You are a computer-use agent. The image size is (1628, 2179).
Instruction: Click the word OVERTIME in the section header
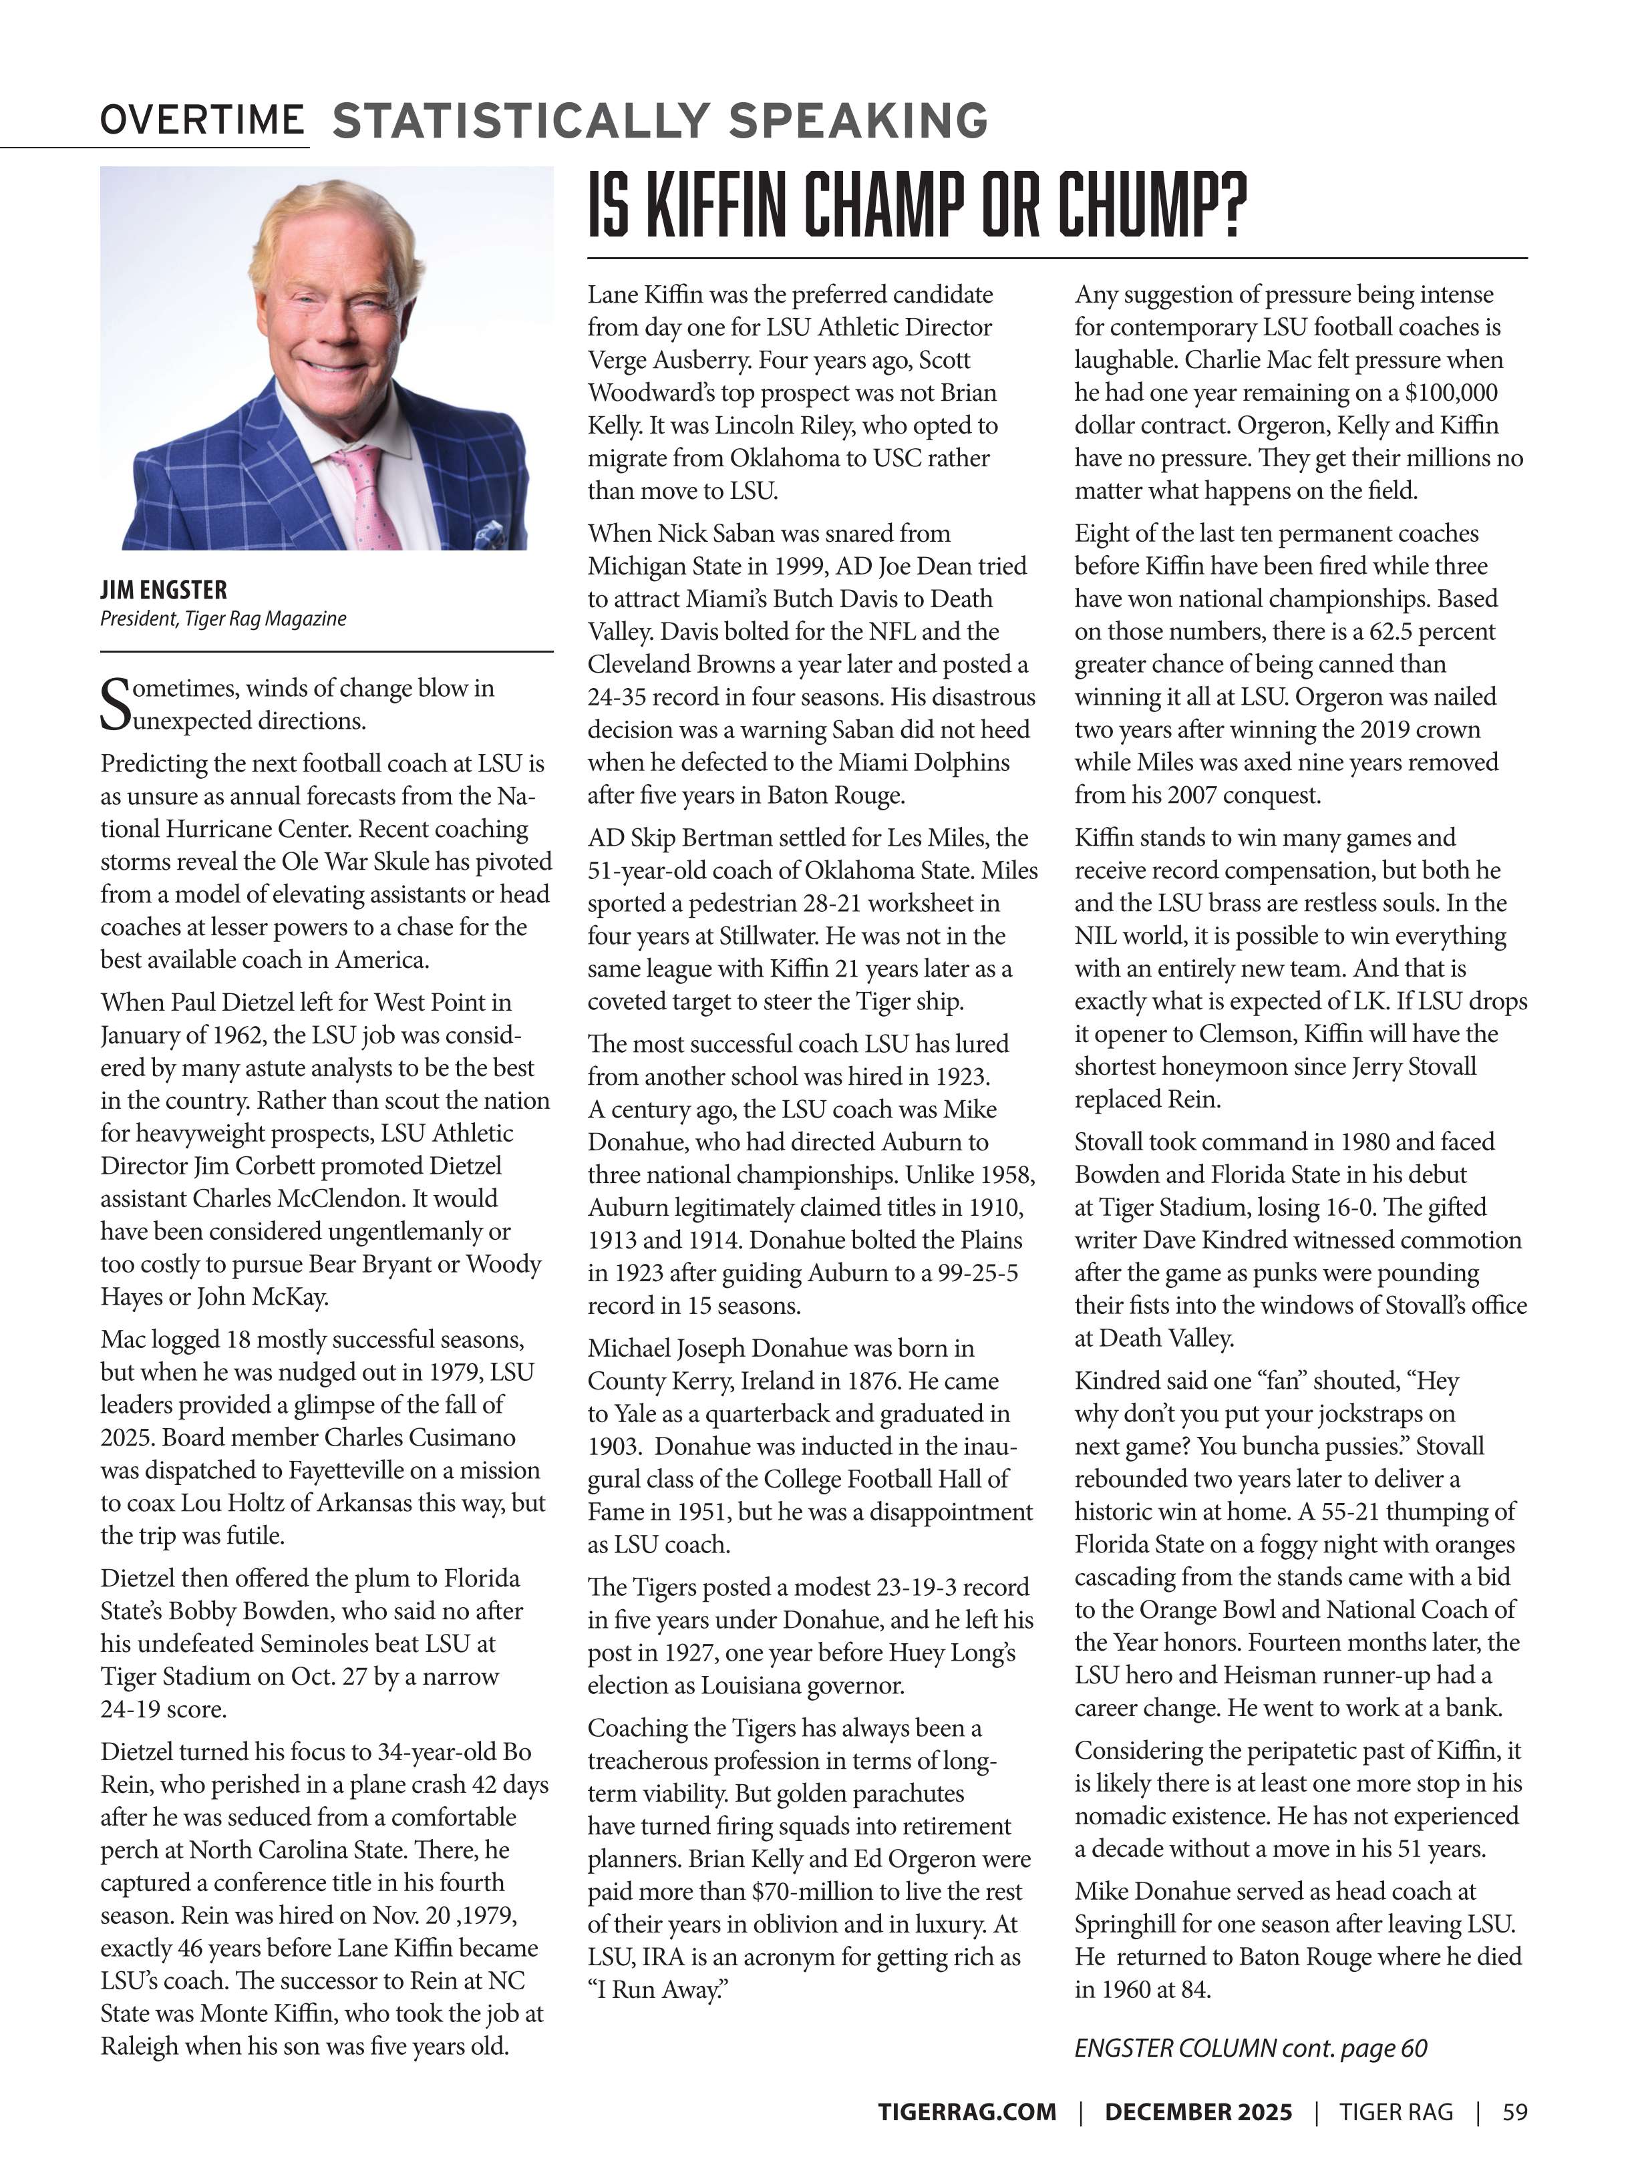tap(202, 120)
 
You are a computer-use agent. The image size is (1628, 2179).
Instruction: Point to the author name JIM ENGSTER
tap(164, 590)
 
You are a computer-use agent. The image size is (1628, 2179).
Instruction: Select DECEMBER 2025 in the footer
tap(1198, 2111)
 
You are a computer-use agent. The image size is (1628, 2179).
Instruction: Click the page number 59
tap(1514, 2111)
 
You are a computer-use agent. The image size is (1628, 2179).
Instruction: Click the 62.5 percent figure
tap(1433, 631)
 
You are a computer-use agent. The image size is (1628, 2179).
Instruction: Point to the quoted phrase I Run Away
tap(657, 1989)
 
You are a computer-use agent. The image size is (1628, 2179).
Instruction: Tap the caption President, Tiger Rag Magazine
tap(222, 619)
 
